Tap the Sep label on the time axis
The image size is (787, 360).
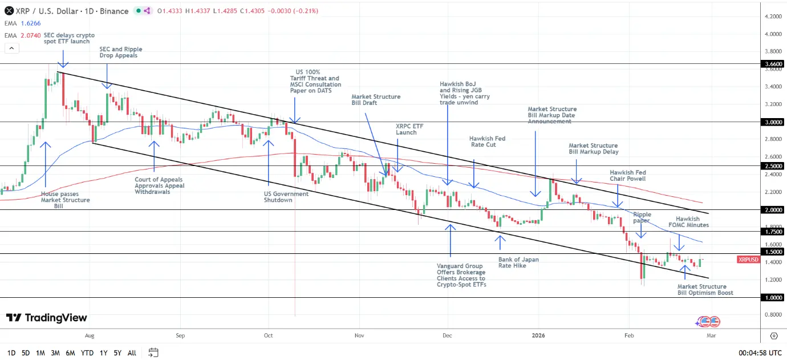[x=180, y=335]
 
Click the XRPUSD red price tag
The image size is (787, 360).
[x=748, y=260]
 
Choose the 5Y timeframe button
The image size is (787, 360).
[x=117, y=353]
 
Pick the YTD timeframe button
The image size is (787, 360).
[x=87, y=353]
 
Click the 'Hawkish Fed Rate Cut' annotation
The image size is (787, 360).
[x=487, y=141]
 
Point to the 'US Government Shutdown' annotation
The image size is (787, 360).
[x=286, y=197]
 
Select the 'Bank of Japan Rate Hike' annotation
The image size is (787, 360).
[x=518, y=262]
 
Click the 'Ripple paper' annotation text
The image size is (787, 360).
[x=642, y=217]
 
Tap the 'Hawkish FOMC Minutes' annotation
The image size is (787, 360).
[x=692, y=222]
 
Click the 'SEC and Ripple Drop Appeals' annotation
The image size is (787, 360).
[x=120, y=52]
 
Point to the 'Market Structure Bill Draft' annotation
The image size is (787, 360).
[x=376, y=100]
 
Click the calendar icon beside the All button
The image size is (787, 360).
[x=153, y=353]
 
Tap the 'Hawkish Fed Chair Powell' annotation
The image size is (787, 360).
[x=627, y=176]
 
